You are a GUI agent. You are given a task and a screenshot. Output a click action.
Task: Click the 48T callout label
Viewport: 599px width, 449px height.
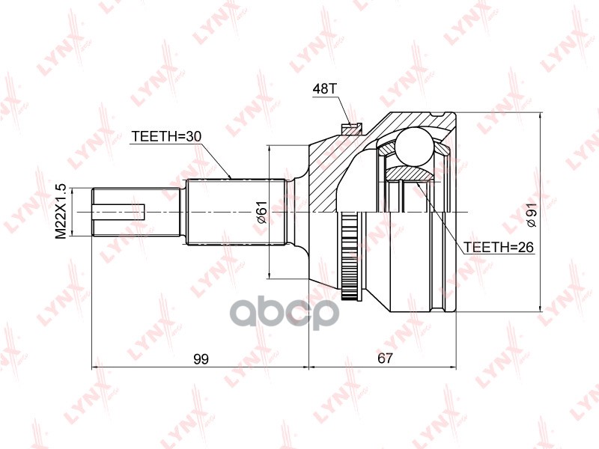tap(324, 89)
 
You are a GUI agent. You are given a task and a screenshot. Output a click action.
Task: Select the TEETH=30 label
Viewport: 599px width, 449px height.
tap(166, 136)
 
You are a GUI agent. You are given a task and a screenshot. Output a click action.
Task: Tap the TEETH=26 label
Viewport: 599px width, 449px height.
tap(498, 247)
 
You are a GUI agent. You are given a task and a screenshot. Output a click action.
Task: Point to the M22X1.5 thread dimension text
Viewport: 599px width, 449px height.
tap(61, 212)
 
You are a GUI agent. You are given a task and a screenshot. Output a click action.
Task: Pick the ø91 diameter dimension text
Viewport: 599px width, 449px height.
tap(531, 215)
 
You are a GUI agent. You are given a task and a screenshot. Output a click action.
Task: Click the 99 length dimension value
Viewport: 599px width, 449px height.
tap(201, 359)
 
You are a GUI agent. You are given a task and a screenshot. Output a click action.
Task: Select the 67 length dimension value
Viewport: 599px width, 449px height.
tap(385, 358)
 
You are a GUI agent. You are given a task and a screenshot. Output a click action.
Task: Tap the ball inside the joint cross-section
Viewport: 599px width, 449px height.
tap(415, 147)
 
